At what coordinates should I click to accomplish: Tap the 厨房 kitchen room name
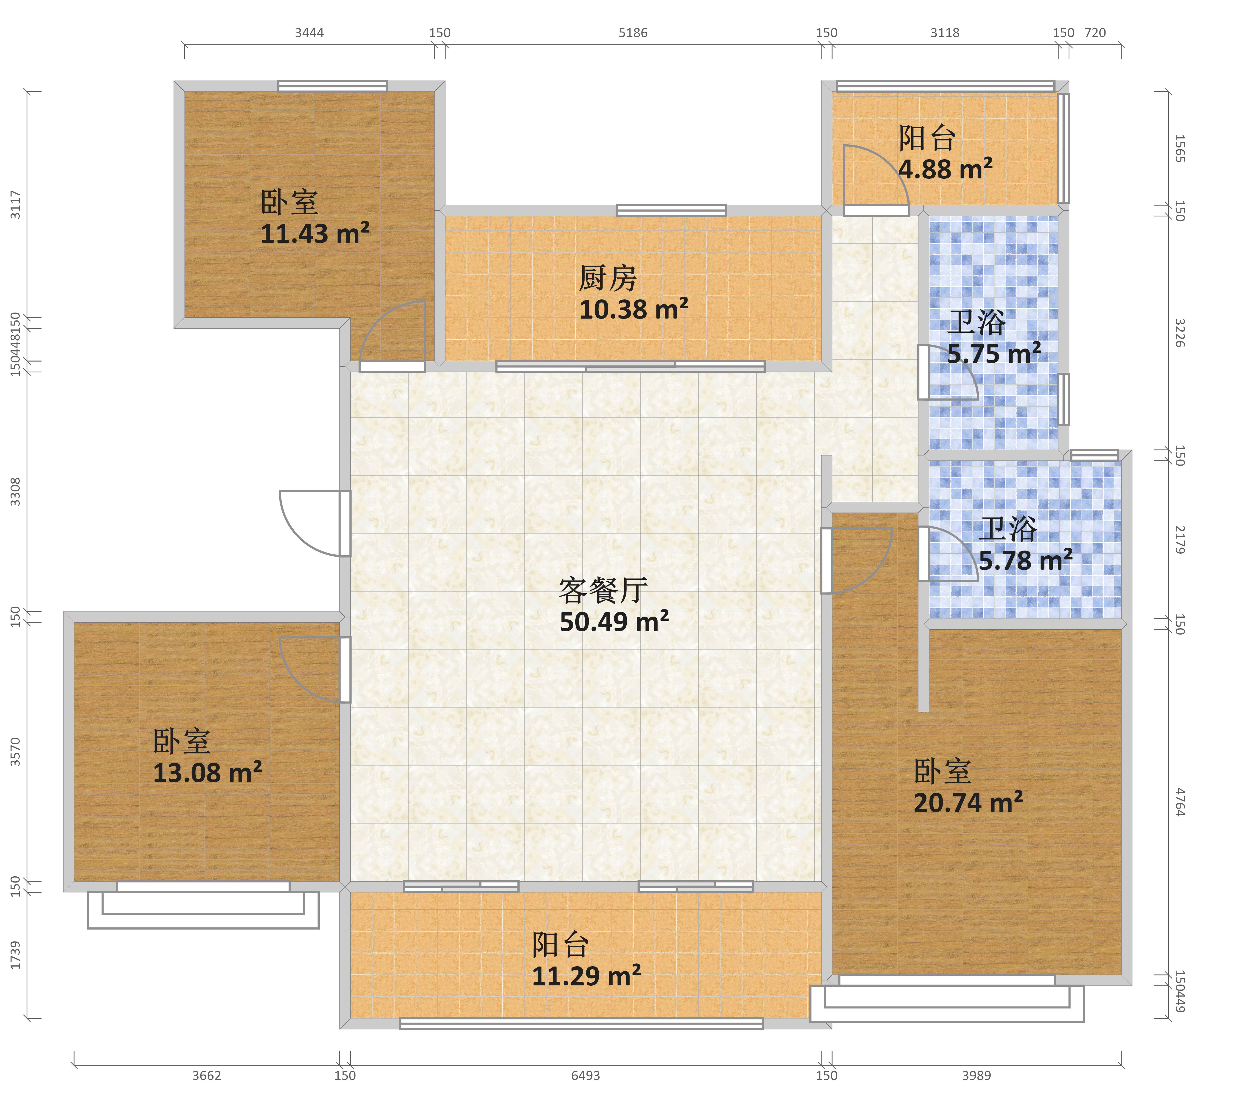[608, 279]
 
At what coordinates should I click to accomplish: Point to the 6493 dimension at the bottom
[585, 1075]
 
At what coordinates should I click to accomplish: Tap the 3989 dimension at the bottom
[976, 1075]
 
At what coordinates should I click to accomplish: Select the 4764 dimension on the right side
[1180, 802]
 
